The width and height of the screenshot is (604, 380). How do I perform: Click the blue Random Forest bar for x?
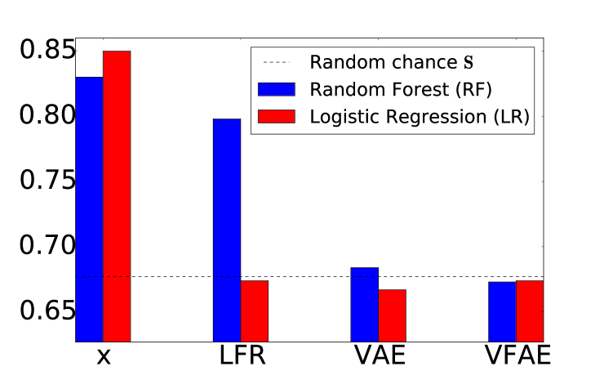(x=89, y=209)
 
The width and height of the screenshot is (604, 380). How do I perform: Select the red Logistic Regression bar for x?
(x=117, y=196)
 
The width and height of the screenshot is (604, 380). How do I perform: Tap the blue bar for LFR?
(x=227, y=230)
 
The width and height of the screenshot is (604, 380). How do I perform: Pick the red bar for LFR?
(x=254, y=311)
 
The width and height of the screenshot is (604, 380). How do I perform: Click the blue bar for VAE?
(x=364, y=304)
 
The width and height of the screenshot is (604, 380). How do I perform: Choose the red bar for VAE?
(x=392, y=315)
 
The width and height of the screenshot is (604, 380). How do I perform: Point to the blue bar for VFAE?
(x=502, y=311)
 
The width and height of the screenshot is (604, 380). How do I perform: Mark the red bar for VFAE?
(x=530, y=311)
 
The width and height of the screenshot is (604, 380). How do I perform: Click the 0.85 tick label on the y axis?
(x=47, y=50)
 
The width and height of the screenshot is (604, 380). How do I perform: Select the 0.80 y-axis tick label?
(x=47, y=115)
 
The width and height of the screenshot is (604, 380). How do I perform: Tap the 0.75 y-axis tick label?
(x=47, y=180)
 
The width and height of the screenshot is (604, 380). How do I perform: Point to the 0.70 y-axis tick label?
(x=47, y=245)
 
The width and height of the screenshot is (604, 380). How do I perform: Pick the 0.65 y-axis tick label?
(x=47, y=311)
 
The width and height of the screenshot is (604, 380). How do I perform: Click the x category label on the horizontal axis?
(x=103, y=358)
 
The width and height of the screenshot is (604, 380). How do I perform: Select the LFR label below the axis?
(x=242, y=355)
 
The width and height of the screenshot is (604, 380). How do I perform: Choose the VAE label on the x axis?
(x=380, y=355)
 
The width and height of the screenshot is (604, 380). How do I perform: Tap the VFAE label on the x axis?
(x=517, y=355)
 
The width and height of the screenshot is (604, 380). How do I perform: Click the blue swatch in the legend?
(x=277, y=89)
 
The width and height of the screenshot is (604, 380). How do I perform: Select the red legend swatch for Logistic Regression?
(x=277, y=117)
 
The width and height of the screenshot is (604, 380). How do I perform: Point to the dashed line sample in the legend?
(x=277, y=62)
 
